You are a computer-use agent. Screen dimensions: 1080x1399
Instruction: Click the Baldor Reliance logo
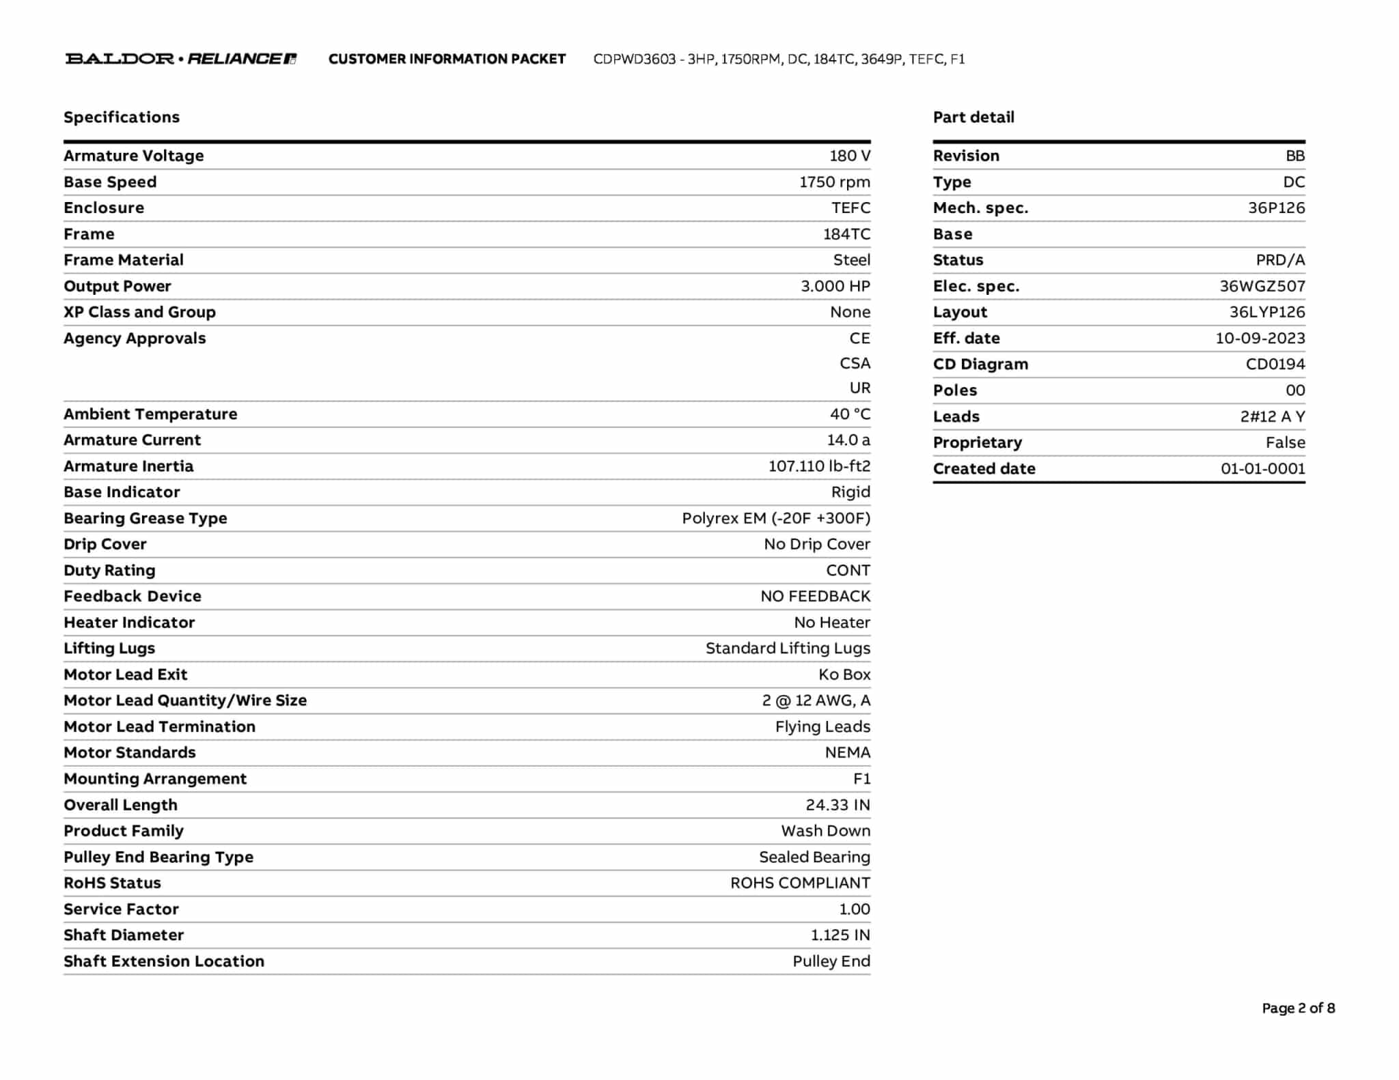(x=180, y=59)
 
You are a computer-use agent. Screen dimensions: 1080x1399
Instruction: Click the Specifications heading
(x=122, y=117)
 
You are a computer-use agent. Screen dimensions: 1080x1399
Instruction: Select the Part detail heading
(x=973, y=117)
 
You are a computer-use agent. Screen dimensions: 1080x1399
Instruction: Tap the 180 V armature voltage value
(x=849, y=156)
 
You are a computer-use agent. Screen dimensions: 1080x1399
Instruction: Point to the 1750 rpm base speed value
(x=834, y=182)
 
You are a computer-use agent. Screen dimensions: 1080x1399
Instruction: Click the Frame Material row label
(x=124, y=260)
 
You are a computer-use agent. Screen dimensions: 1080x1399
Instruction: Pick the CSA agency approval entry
(x=855, y=363)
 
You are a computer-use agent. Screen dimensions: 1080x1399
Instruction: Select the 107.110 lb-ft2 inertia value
(x=819, y=466)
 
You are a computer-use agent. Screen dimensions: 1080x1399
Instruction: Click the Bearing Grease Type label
(x=146, y=518)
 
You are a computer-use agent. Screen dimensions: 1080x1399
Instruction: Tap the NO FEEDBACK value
(x=815, y=597)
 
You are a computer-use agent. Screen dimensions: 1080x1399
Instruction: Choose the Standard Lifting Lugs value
(x=788, y=649)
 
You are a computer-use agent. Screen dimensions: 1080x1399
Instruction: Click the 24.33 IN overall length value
(x=837, y=805)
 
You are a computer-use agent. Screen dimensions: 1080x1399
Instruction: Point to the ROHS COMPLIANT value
(x=800, y=883)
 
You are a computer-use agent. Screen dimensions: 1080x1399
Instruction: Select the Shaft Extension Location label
(x=164, y=961)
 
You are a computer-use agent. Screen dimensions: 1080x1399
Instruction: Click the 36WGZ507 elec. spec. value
(x=1262, y=287)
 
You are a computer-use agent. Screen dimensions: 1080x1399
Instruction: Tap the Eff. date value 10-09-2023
(x=1260, y=339)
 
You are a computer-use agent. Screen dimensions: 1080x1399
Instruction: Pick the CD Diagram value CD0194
(x=1275, y=365)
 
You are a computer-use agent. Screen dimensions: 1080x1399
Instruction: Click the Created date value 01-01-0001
(x=1262, y=469)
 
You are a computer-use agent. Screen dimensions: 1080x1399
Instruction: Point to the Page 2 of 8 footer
(x=1298, y=1008)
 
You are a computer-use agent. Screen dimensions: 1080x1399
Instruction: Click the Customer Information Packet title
(x=447, y=59)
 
